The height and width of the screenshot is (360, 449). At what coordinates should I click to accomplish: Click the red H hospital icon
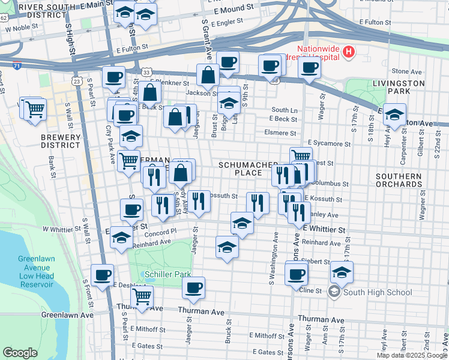coord(349,52)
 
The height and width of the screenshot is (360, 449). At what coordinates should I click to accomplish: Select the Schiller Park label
coord(168,274)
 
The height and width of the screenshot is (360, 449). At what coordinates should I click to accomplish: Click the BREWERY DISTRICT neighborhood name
coord(60,142)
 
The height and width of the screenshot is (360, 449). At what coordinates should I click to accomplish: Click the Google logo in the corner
coord(20,353)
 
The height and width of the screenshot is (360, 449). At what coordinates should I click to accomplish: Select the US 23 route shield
coord(76,80)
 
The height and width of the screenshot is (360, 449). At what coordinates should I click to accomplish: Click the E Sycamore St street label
coord(327,144)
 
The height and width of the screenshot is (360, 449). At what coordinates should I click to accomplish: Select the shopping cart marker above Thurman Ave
coord(142,295)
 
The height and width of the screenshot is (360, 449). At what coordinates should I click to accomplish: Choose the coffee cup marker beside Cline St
coord(296,274)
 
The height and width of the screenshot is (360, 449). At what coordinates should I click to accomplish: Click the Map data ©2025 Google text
coord(411,355)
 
